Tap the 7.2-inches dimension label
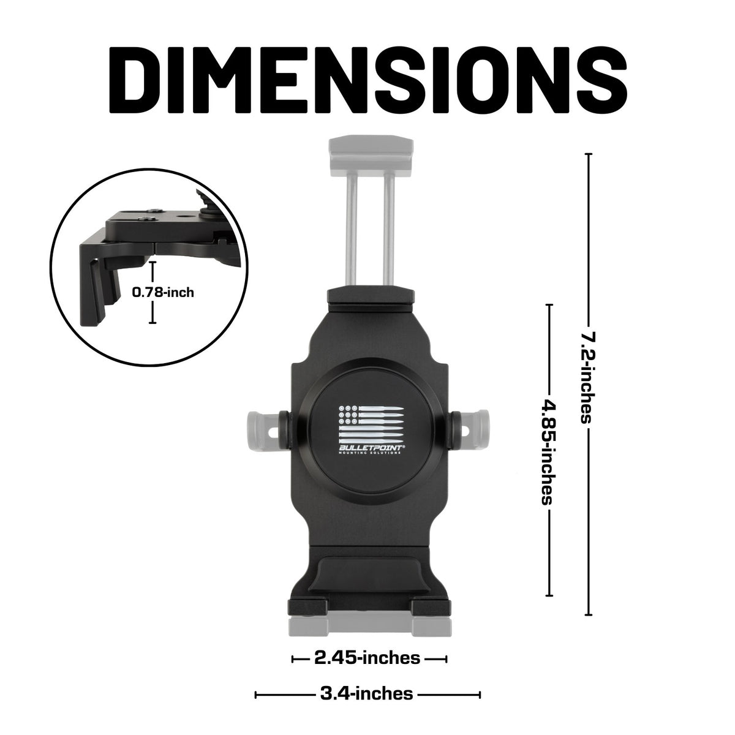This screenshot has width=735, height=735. pyautogui.click(x=587, y=377)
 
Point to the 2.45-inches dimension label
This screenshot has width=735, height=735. pyautogui.click(x=367, y=658)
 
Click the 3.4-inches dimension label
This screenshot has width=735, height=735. pyautogui.click(x=366, y=694)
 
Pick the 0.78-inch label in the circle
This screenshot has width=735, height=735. pyautogui.click(x=163, y=292)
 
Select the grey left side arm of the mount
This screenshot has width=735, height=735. pyautogui.click(x=262, y=427)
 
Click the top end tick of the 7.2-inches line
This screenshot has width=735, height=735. pyautogui.click(x=588, y=154)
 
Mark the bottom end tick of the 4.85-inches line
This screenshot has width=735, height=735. pyautogui.click(x=549, y=595)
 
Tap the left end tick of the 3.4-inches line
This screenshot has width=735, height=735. pyautogui.click(x=256, y=695)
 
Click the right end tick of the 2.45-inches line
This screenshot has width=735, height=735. pyautogui.click(x=445, y=659)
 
